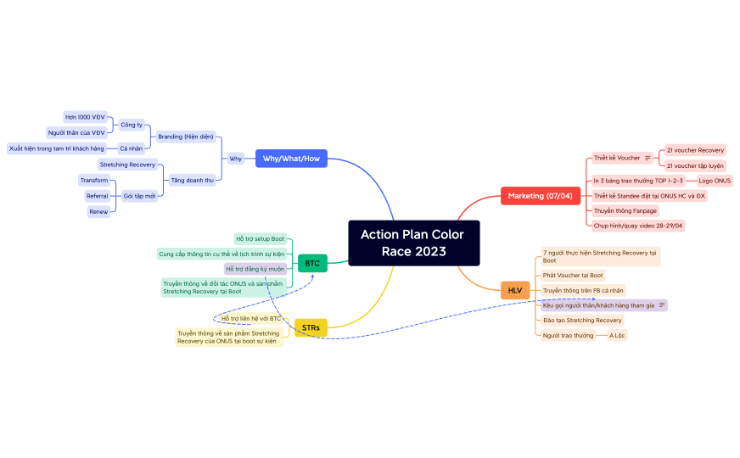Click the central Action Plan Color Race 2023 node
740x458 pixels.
413,243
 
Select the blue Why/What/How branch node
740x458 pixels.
291,159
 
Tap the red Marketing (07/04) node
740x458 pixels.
540,196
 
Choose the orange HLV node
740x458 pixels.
515,290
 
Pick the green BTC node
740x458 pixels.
312,263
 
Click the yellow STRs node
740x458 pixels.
311,327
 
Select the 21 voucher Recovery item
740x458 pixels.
695,150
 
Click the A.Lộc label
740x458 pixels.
617,336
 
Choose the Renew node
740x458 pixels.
98,211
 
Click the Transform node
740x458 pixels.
94,181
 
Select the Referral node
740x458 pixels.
97,196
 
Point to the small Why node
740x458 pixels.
235,159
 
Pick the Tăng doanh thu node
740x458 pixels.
191,180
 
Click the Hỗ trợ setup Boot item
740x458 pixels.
261,239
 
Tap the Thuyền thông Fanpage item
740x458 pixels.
625,210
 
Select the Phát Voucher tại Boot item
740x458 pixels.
573,275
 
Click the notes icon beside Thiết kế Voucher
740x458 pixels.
648,158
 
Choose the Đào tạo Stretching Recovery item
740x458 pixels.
582,321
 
